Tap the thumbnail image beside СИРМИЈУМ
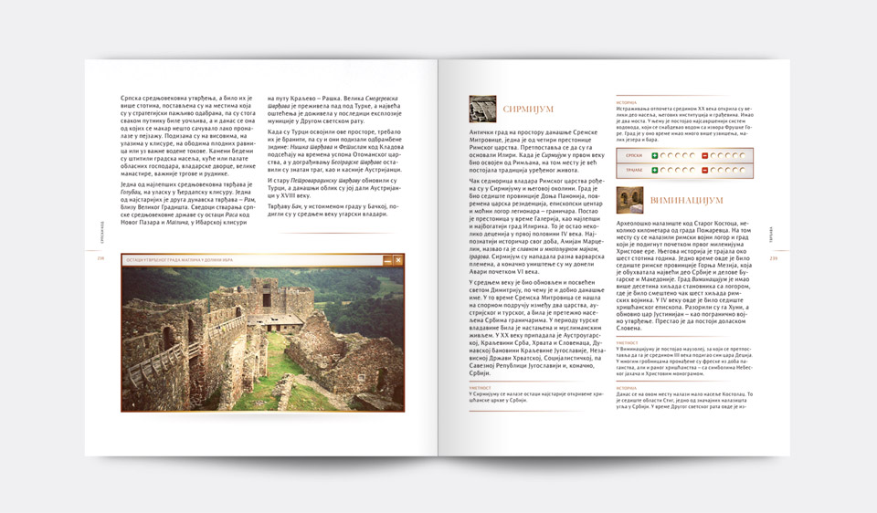tap(482, 109)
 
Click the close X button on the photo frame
tap(399, 260)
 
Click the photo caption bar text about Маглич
tap(182, 260)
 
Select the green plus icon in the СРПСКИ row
tap(654, 155)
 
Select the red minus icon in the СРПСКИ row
tap(704, 155)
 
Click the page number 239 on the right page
tap(773, 256)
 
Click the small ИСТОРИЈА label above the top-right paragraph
tap(627, 102)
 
